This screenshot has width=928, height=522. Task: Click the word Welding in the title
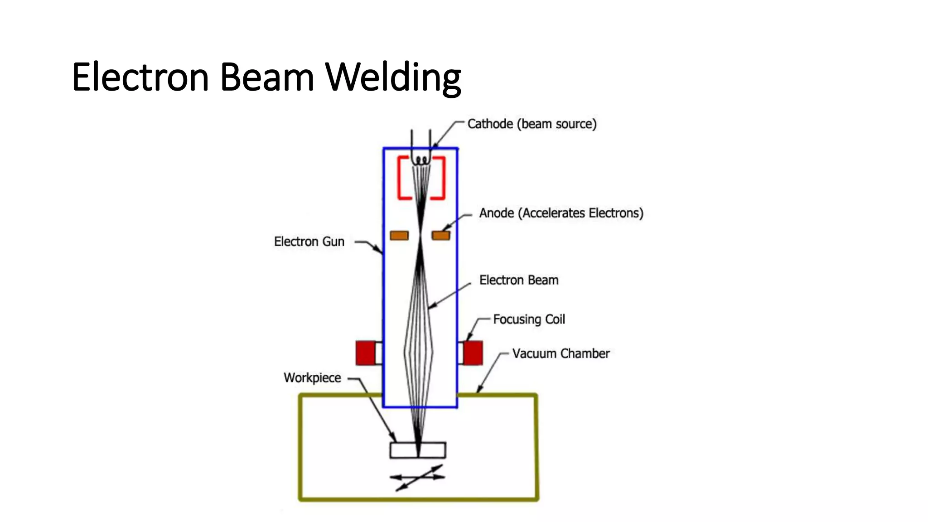[x=393, y=77]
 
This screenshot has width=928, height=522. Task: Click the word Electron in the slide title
[x=140, y=77]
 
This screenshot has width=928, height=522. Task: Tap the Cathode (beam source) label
[x=532, y=124]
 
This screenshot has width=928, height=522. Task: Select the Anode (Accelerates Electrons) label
[x=561, y=213]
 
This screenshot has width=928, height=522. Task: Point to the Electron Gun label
[x=309, y=242]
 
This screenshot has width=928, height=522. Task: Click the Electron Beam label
[x=518, y=280]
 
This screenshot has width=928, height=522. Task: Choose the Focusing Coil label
[x=528, y=319]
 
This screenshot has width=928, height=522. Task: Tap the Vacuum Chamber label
[x=561, y=353]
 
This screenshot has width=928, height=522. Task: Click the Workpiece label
[x=312, y=378]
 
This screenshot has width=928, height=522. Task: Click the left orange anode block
[x=399, y=235]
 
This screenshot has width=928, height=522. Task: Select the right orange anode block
[x=440, y=235]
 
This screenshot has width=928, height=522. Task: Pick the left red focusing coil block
[x=365, y=353]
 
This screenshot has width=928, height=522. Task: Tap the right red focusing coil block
[x=473, y=353]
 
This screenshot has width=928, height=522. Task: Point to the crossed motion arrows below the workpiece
[x=417, y=477]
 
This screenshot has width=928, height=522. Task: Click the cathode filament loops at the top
[x=421, y=160]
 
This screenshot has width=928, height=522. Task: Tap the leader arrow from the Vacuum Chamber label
[x=490, y=372]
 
